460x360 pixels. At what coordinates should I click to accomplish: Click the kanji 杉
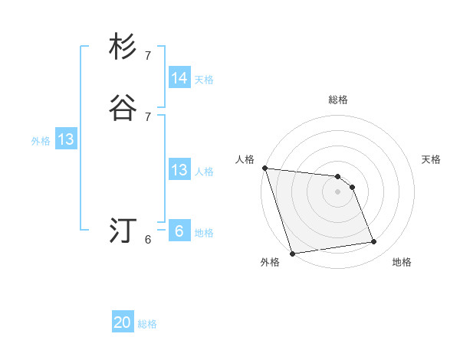[123, 47]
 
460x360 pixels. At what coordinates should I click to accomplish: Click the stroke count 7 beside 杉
[148, 55]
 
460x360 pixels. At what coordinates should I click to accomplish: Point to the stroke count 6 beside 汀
[148, 240]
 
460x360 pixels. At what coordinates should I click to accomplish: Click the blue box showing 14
[179, 78]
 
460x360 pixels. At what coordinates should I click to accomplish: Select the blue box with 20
[123, 322]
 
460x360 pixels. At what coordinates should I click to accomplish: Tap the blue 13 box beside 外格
[66, 140]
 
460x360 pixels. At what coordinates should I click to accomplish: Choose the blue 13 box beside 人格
[179, 170]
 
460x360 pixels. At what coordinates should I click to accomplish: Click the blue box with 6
[179, 231]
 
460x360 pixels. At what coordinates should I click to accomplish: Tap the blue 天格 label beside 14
[204, 80]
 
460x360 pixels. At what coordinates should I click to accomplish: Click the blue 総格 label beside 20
[147, 324]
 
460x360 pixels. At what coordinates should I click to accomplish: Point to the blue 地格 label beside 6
[204, 233]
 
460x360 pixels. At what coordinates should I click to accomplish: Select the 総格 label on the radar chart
[338, 100]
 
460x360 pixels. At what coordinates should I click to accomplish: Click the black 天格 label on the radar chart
[432, 159]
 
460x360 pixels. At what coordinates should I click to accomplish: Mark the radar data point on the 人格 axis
[264, 168]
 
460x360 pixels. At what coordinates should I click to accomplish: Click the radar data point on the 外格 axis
[292, 253]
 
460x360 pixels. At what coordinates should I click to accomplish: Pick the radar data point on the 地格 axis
[374, 242]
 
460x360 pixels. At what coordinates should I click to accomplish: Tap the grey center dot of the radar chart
[338, 191]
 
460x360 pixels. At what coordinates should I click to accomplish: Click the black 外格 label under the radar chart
[270, 262]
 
